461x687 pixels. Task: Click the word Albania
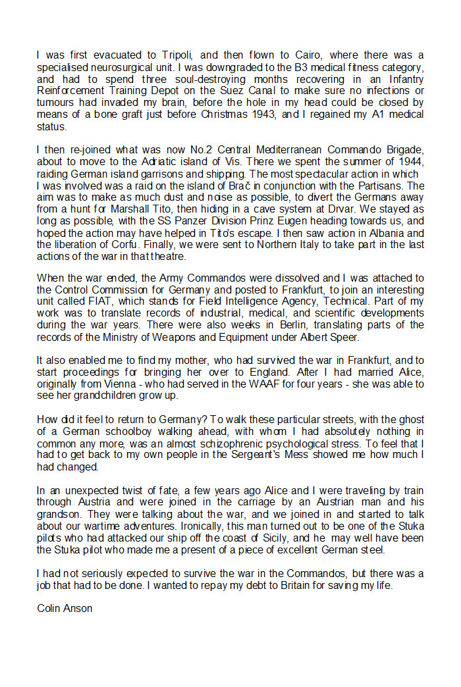tap(390, 234)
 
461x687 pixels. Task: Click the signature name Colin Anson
tap(65, 609)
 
